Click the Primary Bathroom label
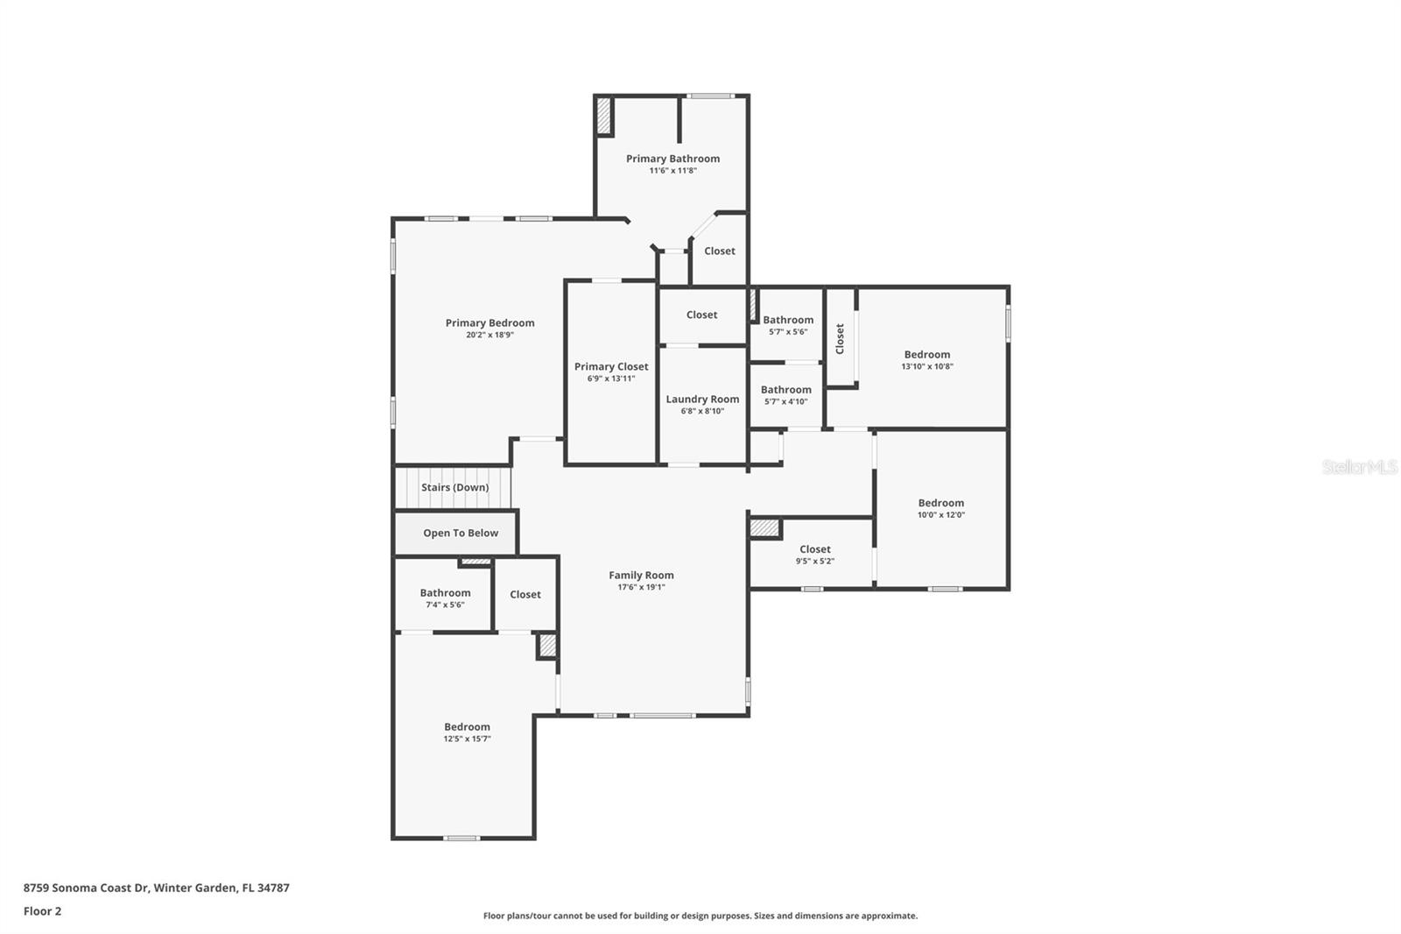(x=672, y=159)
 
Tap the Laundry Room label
(x=702, y=399)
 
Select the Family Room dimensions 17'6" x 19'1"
(x=641, y=587)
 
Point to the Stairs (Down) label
(x=454, y=487)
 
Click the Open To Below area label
(x=461, y=533)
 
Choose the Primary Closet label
(x=611, y=366)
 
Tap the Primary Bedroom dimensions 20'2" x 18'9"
(x=489, y=335)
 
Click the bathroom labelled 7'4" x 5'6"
(x=445, y=593)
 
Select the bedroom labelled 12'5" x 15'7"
(x=467, y=727)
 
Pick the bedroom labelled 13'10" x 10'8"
(x=927, y=355)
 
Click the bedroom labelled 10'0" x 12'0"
(x=940, y=503)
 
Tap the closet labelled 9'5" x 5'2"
(x=814, y=549)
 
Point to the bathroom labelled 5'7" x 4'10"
(x=785, y=390)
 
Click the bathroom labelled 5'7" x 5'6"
(x=788, y=320)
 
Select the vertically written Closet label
(x=840, y=338)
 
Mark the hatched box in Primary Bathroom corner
(x=604, y=116)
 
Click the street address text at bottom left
(x=156, y=888)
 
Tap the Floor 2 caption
(x=42, y=911)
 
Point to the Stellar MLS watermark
(x=1359, y=467)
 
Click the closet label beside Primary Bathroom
(x=720, y=251)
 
